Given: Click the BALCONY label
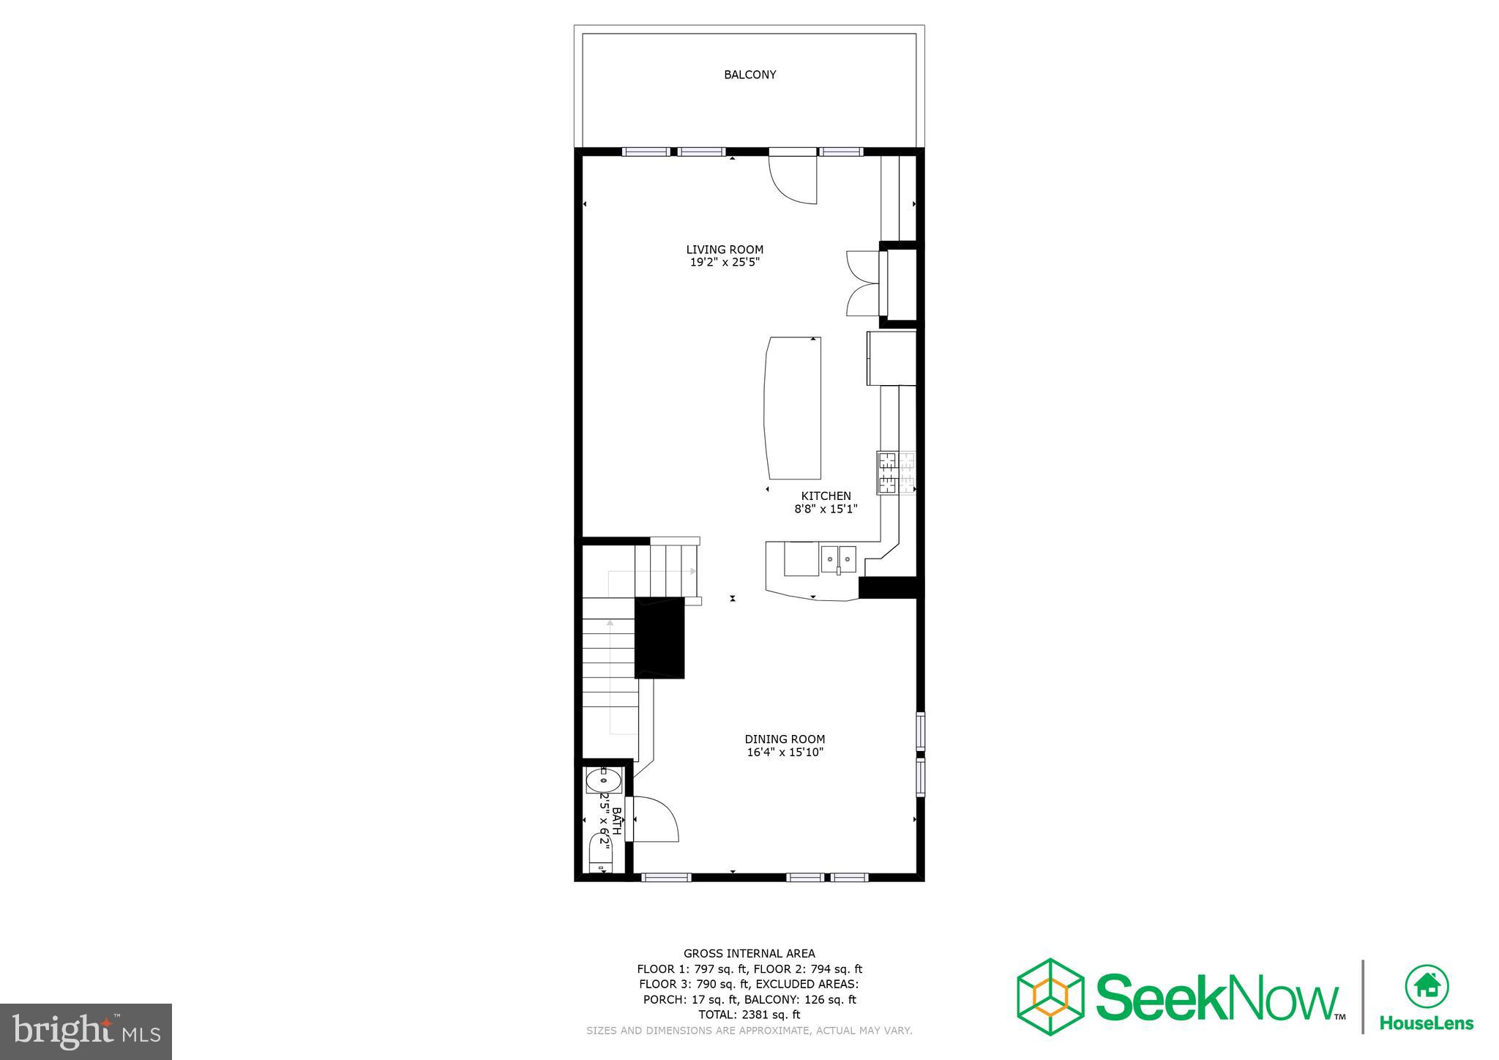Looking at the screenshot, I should tap(749, 75).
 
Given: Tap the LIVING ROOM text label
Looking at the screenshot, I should tap(725, 250).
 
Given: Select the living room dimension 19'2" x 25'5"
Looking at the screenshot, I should tap(725, 262).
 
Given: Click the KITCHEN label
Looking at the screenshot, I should tap(826, 496).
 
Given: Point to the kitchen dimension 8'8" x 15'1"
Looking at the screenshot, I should tap(826, 509).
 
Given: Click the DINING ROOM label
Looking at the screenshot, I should tap(785, 739).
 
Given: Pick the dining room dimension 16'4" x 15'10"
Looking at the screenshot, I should tap(785, 752).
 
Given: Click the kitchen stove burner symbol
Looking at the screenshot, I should tap(896, 472).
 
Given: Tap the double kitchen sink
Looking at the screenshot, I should tap(838, 559).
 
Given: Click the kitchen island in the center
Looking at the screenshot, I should tap(792, 406).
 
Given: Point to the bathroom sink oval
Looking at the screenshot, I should tap(603, 782).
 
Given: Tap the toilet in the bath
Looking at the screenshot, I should tap(600, 854).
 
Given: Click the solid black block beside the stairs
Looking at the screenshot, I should tap(659, 637).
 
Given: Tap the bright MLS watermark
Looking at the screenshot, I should tap(86, 1032).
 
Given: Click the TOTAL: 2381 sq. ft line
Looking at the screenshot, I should tap(749, 1015).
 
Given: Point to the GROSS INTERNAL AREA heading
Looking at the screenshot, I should tap(749, 953).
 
